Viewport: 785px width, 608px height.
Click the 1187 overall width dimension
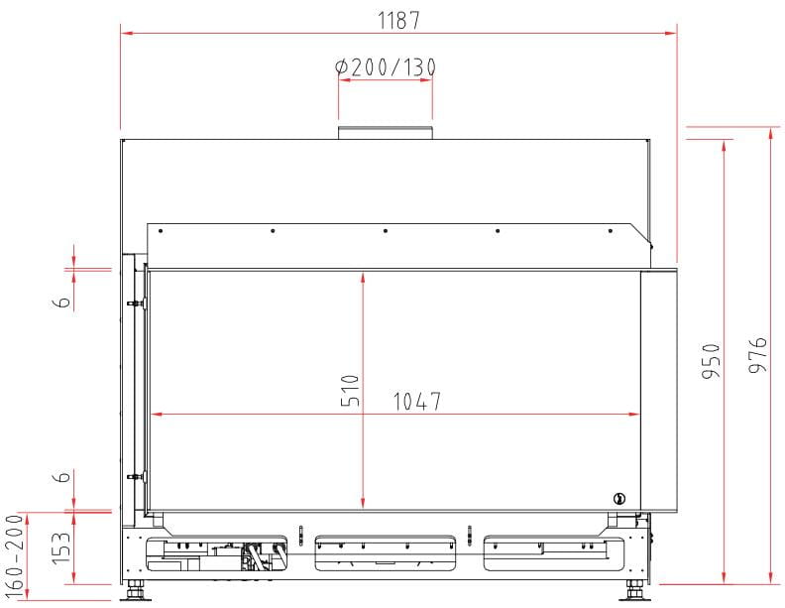tap(398, 21)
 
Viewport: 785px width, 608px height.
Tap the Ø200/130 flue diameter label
tap(386, 67)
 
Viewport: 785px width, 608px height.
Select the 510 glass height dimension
tap(350, 390)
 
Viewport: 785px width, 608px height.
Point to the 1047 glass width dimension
tap(417, 402)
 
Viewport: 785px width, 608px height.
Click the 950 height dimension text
tap(711, 361)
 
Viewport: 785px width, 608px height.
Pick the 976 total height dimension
tap(758, 354)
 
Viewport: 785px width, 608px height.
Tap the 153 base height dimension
tap(61, 547)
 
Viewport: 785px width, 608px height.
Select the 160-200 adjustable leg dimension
tap(14, 555)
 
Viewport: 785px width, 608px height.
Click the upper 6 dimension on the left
tap(62, 302)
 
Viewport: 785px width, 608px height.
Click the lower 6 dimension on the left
tap(62, 476)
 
